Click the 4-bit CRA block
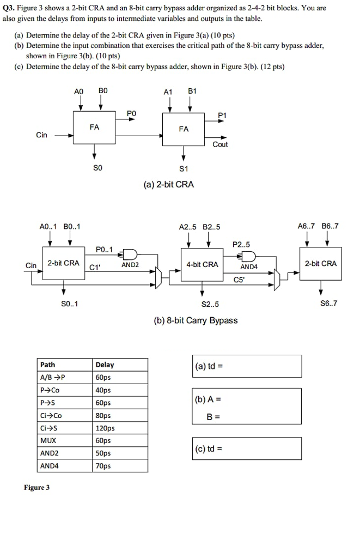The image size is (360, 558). pyautogui.click(x=202, y=264)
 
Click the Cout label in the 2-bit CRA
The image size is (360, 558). pyautogui.click(x=220, y=144)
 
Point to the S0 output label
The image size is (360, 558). pyautogui.click(x=97, y=168)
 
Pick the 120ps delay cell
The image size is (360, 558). pyautogui.click(x=105, y=428)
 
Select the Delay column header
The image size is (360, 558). pyautogui.click(x=105, y=365)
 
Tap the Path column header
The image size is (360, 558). pyautogui.click(x=48, y=365)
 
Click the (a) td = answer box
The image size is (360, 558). pyautogui.click(x=246, y=366)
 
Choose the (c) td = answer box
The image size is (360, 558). pyautogui.click(x=246, y=448)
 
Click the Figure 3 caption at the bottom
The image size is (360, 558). pyautogui.click(x=36, y=487)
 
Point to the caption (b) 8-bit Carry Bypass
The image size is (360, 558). pyautogui.click(x=196, y=320)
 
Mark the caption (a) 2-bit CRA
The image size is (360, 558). pyautogui.click(x=168, y=184)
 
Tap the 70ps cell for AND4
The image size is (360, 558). pyautogui.click(x=103, y=465)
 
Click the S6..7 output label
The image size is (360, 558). pyautogui.click(x=329, y=303)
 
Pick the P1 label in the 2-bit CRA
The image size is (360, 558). pyautogui.click(x=222, y=115)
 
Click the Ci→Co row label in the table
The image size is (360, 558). pyautogui.click(x=51, y=415)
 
